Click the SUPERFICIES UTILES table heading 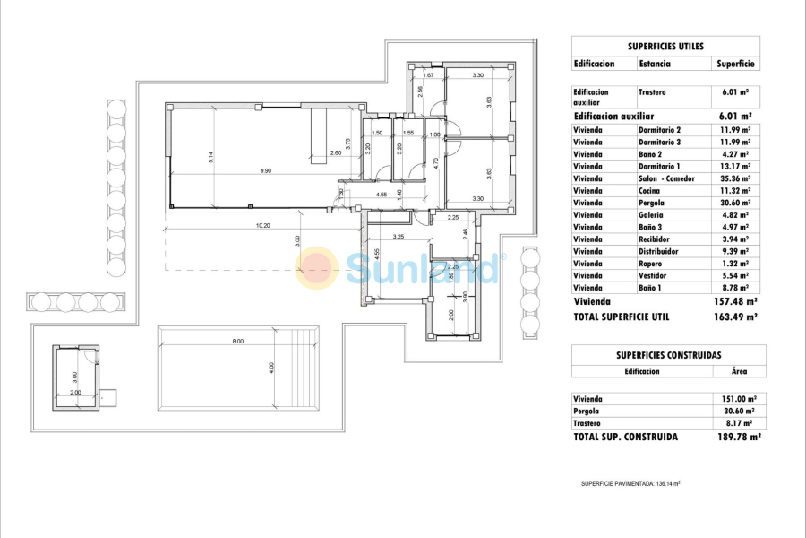coord(665,45)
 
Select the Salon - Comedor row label coord(667,178)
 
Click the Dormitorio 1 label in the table coord(660,166)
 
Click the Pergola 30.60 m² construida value coord(738,411)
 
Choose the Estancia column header coord(655,64)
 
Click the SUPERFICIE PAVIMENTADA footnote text coord(630,483)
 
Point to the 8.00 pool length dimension coord(237,341)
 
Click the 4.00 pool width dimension coord(269,368)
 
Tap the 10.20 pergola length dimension coord(262,225)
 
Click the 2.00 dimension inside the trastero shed coord(75,392)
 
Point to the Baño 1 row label coord(653,288)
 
